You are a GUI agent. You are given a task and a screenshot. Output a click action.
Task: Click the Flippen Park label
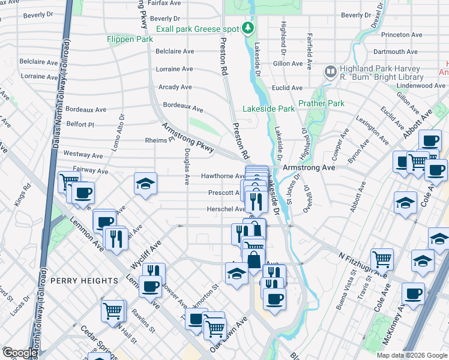click(130, 40)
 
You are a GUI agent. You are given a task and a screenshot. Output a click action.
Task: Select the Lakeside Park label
click(268, 109)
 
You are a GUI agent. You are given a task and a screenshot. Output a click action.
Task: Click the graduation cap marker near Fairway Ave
click(145, 184)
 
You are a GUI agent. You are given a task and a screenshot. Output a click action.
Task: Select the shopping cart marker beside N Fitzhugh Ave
click(382, 259)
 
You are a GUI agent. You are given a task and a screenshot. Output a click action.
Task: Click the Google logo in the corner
click(19, 353)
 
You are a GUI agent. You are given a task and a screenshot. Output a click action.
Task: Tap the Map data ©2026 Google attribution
click(411, 355)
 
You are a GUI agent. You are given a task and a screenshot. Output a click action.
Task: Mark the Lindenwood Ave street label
click(421, 86)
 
